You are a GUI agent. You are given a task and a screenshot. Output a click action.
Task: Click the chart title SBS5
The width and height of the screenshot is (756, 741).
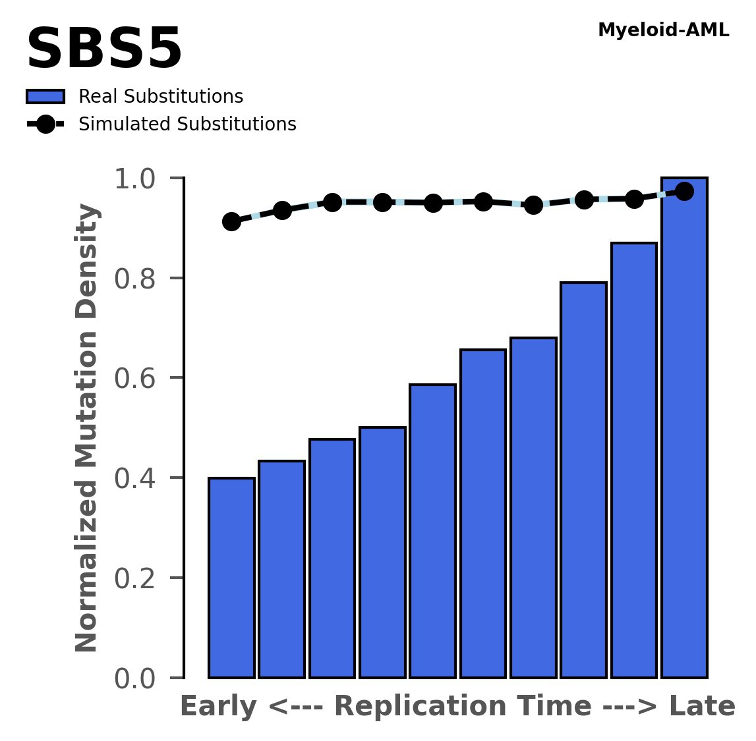(x=103, y=50)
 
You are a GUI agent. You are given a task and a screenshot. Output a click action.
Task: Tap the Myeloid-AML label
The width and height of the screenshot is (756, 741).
(x=663, y=30)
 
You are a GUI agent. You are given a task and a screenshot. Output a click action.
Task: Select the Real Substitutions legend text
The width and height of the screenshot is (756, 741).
(x=161, y=97)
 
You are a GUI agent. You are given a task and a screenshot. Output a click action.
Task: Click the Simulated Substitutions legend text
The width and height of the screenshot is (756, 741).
(x=187, y=124)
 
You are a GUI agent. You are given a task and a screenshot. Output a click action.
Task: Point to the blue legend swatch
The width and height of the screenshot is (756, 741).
(x=45, y=97)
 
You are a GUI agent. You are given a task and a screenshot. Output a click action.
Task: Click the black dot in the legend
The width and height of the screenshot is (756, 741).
(x=45, y=124)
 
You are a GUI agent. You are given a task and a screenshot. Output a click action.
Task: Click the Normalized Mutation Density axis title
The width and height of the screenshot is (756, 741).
(x=87, y=428)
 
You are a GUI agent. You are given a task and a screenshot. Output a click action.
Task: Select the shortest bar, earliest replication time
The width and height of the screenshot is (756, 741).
(x=231, y=578)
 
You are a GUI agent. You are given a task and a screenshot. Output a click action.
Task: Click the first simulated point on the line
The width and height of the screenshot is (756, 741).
(x=231, y=221)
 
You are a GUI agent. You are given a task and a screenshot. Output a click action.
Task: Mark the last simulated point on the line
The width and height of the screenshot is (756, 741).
(x=684, y=192)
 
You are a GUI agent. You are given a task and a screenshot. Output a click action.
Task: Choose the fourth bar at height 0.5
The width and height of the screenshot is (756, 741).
(x=382, y=552)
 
